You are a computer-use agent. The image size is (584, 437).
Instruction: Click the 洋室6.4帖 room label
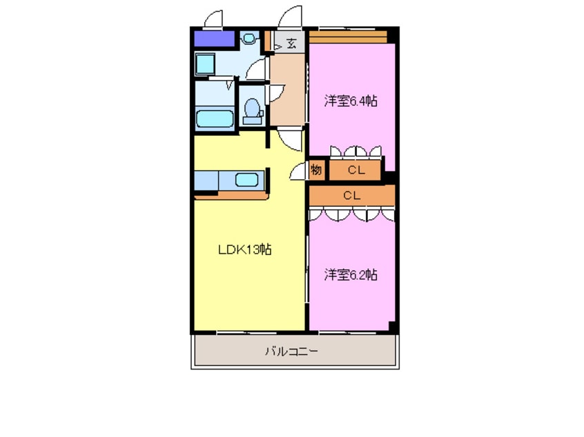click(x=351, y=101)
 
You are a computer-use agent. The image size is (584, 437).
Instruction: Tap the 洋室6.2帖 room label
click(x=351, y=274)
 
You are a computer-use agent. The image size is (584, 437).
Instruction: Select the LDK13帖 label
click(x=244, y=250)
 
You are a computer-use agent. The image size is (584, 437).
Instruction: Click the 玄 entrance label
click(x=291, y=44)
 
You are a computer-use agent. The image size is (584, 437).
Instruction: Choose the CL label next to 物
click(x=356, y=170)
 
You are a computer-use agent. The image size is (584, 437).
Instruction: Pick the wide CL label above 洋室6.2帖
click(x=351, y=196)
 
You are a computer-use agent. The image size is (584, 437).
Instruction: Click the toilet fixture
click(x=253, y=110)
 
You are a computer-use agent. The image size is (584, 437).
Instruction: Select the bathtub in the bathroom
click(x=214, y=118)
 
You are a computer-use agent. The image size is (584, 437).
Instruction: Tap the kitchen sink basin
click(x=246, y=181)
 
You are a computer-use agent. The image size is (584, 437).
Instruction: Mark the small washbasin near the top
click(x=249, y=38)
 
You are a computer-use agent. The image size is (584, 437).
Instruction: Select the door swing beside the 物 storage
click(x=300, y=172)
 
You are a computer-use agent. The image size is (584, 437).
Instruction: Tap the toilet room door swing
click(x=275, y=90)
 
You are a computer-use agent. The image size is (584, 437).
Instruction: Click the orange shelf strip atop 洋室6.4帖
click(x=347, y=35)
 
